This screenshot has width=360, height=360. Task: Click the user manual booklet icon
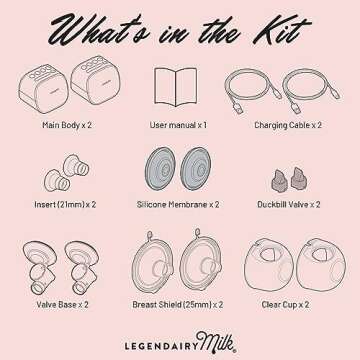[x=176, y=87]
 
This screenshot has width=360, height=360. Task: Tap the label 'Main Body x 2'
[x=67, y=125]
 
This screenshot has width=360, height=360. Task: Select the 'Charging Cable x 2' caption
[x=288, y=125]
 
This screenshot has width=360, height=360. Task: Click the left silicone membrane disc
[x=161, y=168]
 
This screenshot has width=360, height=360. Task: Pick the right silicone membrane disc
[x=195, y=168]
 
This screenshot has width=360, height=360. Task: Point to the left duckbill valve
[x=279, y=180]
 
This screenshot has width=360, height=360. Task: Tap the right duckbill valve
[x=299, y=178]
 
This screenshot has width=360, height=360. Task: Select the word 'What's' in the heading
[x=100, y=31]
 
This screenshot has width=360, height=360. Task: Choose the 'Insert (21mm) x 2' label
[x=65, y=204]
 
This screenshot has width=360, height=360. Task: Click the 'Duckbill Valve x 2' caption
[x=289, y=204]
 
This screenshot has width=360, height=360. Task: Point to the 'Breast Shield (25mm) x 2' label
[x=178, y=304]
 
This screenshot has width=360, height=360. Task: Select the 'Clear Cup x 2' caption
[x=285, y=304]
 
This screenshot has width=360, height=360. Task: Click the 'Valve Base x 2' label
[x=63, y=304]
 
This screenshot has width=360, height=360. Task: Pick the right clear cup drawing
[x=321, y=264]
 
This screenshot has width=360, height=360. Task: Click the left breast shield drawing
[x=153, y=262]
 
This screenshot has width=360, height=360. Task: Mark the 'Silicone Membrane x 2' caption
[x=178, y=204]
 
